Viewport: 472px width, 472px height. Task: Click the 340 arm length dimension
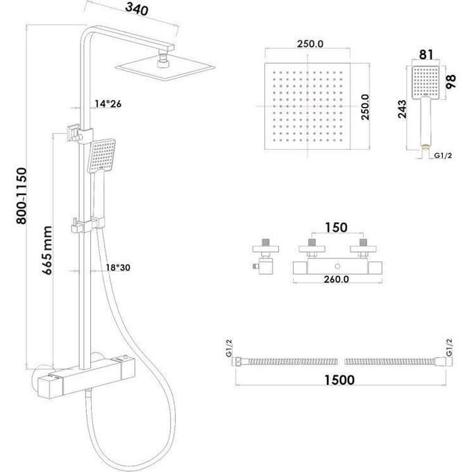pos(137,9)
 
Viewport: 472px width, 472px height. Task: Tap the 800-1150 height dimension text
pos(22,196)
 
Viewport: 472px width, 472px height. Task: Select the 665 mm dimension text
pos(47,251)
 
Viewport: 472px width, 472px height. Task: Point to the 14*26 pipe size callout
pos(108,104)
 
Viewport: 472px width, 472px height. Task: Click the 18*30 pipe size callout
pos(118,267)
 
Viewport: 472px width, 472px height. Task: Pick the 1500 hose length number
pos(339,380)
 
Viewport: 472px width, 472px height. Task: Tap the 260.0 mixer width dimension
pos(336,279)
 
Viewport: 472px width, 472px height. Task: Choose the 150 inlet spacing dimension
pos(336,228)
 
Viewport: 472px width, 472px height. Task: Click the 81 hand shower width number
pos(426,55)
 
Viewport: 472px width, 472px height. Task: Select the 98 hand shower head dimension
pos(451,81)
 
